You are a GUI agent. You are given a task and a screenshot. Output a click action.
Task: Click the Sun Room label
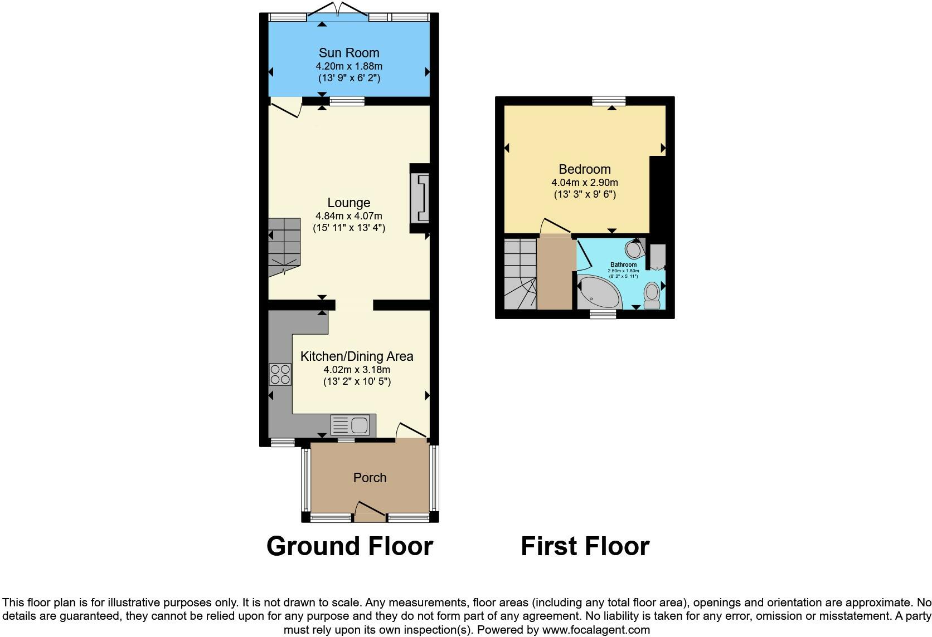coord(349,53)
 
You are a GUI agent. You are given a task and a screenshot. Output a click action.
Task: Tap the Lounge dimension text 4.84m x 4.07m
coord(349,216)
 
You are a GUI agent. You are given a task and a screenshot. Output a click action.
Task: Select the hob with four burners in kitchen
coord(280,374)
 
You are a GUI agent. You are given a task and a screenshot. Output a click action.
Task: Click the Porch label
coord(370,478)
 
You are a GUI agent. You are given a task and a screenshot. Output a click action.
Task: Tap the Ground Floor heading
coord(349,546)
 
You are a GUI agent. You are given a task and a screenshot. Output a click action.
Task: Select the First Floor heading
coord(585,546)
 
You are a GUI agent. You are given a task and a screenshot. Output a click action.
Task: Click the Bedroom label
coord(585,169)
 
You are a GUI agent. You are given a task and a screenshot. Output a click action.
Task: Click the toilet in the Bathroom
coord(651,295)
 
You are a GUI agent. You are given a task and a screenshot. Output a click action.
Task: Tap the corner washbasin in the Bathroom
coord(634,248)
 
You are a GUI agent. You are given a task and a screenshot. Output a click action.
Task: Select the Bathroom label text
coord(623,264)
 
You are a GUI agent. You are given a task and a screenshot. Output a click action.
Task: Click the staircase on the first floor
coord(520,273)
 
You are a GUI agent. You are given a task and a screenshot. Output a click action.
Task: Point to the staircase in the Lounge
coord(284,247)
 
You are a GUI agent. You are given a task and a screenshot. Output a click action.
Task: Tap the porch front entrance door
coord(369,511)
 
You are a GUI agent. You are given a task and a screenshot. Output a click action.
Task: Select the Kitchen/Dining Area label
coord(357,356)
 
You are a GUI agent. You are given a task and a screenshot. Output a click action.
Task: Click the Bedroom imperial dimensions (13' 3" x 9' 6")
coord(585,194)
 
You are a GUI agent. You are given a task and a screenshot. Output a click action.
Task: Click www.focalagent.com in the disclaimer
coord(595,630)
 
